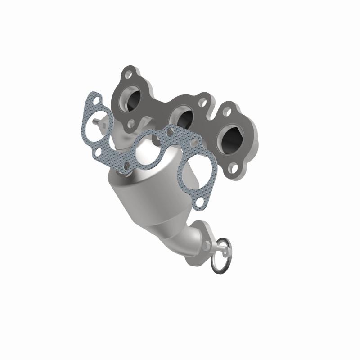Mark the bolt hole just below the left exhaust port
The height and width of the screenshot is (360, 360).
click(x=132, y=122)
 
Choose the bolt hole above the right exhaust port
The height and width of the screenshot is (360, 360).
click(x=226, y=112)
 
